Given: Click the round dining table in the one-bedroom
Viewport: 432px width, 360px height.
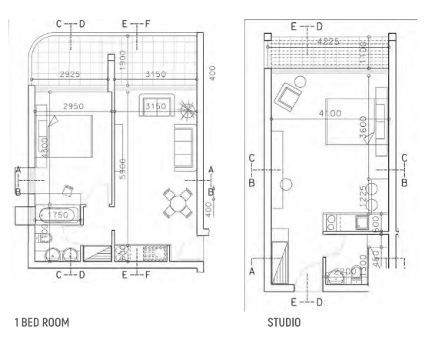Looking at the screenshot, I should tap(179, 203).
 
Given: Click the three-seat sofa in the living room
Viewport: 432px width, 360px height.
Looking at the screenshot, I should tap(184, 148).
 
